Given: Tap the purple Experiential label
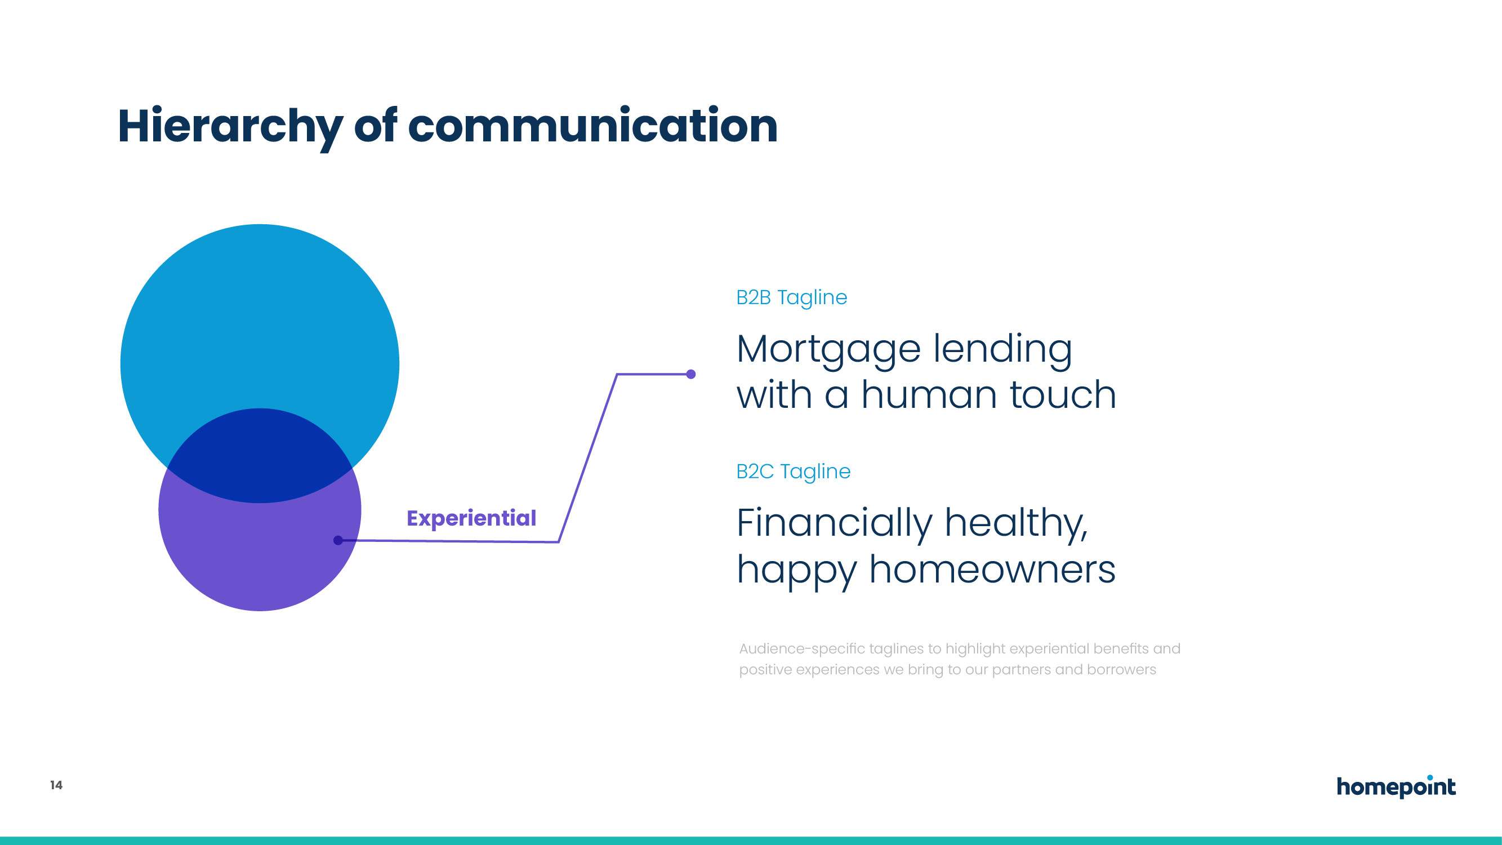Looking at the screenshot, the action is (x=471, y=518).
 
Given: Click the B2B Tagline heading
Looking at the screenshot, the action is (x=791, y=297).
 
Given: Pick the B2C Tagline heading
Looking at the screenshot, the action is (x=793, y=471).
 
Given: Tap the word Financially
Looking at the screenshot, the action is (x=835, y=524).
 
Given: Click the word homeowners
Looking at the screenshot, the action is (x=992, y=569).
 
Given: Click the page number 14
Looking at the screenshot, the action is (x=56, y=785).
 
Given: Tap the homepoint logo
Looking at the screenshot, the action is (x=1396, y=786).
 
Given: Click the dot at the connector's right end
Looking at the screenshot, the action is (x=691, y=375).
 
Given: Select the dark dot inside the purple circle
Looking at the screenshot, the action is (x=338, y=541).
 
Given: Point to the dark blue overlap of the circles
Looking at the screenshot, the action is (x=260, y=455).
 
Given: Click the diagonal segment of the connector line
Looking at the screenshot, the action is (x=588, y=459).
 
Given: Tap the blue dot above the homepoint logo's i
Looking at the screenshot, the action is (x=1430, y=777).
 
